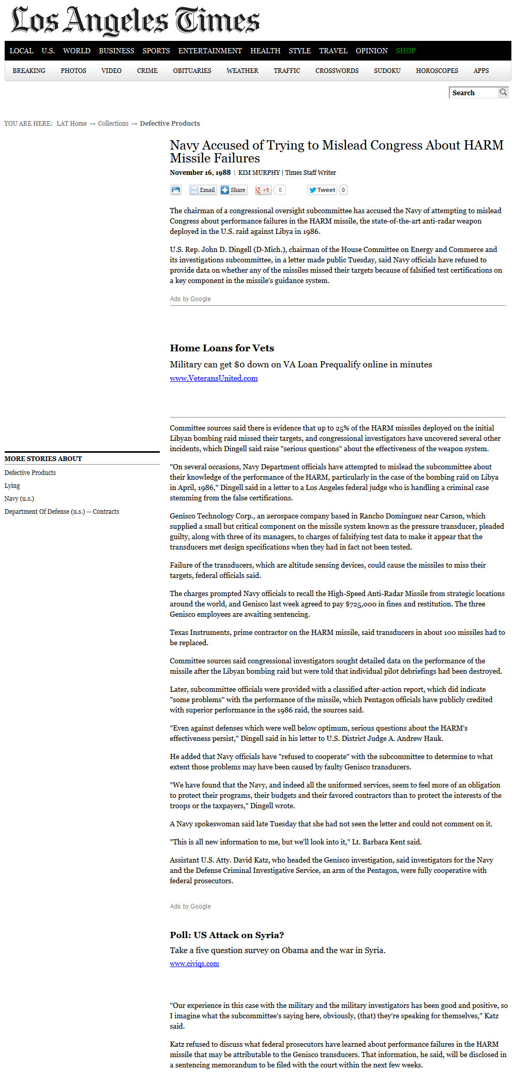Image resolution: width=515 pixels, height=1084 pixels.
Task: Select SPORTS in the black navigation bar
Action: click(x=156, y=51)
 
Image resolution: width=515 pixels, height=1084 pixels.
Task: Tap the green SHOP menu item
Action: click(x=405, y=51)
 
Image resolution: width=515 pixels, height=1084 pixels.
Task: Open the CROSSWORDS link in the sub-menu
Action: click(x=337, y=71)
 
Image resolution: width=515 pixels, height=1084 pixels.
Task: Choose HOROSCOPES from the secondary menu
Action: click(x=437, y=71)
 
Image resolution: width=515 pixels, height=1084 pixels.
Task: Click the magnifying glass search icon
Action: click(x=503, y=92)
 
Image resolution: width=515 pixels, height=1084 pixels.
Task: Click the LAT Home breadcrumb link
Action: click(x=72, y=124)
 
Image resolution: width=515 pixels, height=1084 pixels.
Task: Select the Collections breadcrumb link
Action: click(x=113, y=124)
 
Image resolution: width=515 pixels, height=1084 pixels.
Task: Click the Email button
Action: click(x=202, y=190)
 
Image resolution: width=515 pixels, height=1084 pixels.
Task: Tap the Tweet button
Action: click(x=322, y=190)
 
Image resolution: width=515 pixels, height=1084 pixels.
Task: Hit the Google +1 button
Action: click(x=263, y=190)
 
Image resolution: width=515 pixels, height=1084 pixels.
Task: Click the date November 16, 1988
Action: click(x=200, y=173)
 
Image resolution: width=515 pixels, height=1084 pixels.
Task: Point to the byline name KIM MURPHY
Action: click(x=259, y=173)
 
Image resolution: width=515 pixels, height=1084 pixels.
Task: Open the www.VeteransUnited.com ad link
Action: click(x=214, y=378)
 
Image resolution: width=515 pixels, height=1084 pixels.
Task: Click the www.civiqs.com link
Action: click(x=194, y=963)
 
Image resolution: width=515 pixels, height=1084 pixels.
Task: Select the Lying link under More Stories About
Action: click(x=12, y=486)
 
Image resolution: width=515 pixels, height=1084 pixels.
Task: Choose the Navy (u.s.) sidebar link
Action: click(x=19, y=499)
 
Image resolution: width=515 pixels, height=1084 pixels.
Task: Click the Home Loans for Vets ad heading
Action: click(x=222, y=348)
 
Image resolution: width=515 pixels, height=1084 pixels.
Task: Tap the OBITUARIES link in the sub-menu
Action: click(x=192, y=71)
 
